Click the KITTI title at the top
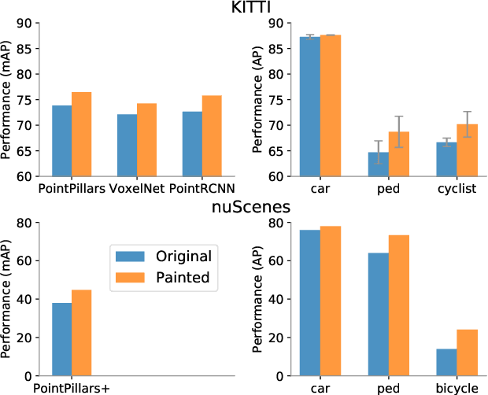(244, 9)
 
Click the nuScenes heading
(244, 209)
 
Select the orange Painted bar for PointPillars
(82, 135)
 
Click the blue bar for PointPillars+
(62, 339)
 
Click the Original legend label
(183, 257)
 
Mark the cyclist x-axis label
(457, 190)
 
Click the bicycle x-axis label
(457, 388)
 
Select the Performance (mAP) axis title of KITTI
(8, 100)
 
